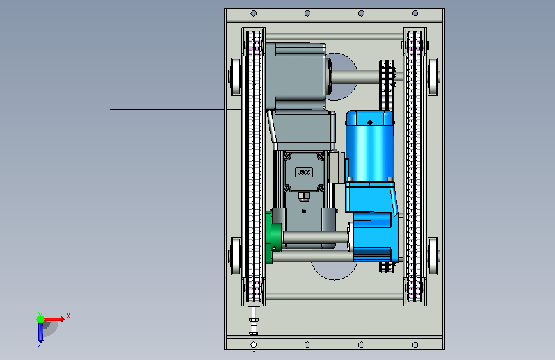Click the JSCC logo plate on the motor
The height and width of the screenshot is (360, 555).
303,172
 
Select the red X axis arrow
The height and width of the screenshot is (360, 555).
54,319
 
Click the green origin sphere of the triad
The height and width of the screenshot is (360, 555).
41,319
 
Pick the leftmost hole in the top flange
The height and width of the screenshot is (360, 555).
253,13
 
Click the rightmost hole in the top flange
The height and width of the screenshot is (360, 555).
415,13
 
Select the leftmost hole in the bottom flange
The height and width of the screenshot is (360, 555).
253,345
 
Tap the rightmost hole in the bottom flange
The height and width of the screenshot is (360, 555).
415,345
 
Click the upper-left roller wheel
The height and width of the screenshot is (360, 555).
236,77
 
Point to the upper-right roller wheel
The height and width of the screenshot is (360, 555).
433,77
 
